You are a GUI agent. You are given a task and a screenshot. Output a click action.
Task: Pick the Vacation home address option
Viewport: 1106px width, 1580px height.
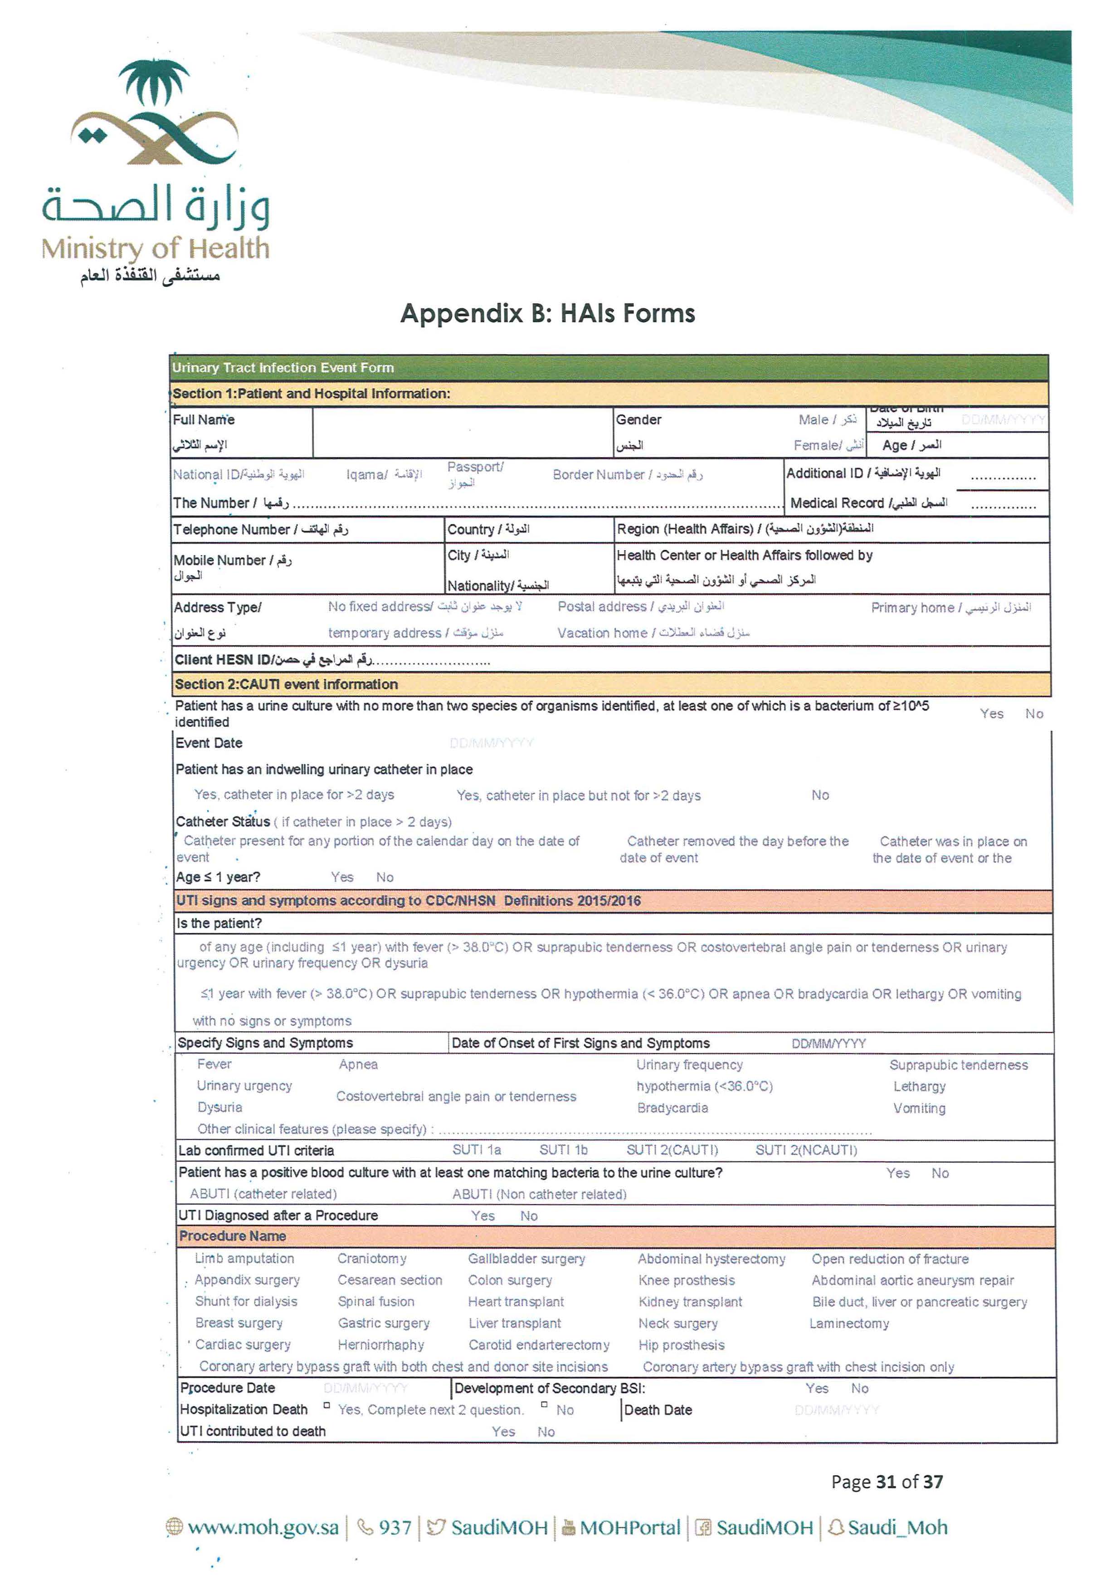(653, 633)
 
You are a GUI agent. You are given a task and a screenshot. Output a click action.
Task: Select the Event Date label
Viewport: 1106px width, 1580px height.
(209, 743)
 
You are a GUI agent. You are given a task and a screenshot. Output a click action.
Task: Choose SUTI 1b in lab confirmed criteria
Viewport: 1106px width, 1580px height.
(563, 1150)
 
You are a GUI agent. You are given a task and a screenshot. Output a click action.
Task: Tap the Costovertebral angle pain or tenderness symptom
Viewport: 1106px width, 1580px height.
(456, 1097)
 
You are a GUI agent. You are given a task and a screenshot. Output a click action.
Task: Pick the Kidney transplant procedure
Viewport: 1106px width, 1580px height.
(690, 1302)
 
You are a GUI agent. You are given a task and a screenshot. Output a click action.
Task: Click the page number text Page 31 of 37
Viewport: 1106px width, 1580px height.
(887, 1482)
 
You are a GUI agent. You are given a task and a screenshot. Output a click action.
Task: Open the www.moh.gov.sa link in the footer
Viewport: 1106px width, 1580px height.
(262, 1528)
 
